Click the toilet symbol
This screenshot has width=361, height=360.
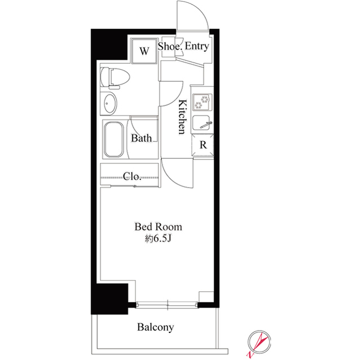[115, 78]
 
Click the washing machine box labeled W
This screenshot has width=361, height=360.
[144, 52]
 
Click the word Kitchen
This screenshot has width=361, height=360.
[183, 117]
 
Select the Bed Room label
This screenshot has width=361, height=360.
[158, 227]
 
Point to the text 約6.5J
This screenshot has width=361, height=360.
[158, 239]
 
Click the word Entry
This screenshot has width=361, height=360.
[197, 47]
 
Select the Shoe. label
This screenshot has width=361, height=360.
[169, 47]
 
